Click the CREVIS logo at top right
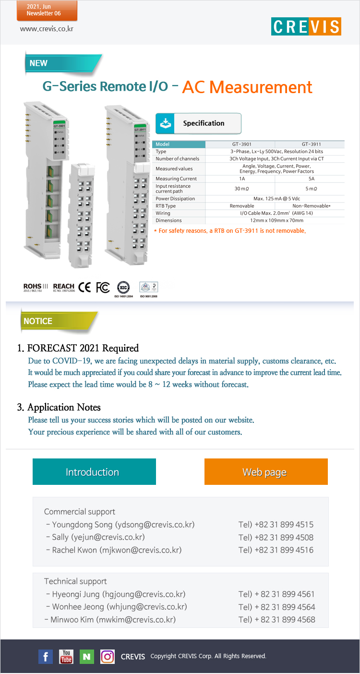[306, 26]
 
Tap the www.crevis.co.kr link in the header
[47, 29]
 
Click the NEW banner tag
[39, 63]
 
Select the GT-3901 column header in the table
[240, 144]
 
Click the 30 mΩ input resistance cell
[240, 189]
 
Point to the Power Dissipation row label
[175, 198]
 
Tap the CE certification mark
[84, 287]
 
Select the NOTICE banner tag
[38, 321]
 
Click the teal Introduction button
[94, 472]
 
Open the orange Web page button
[266, 472]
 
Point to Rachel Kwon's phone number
[276, 550]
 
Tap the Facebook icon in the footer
[45, 657]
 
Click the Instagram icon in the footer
[108, 657]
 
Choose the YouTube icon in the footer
[66, 657]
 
